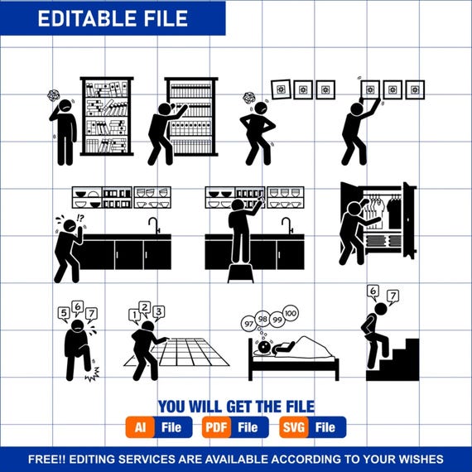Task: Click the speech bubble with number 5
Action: [64, 314]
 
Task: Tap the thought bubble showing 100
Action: [291, 313]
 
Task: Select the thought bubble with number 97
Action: [249, 324]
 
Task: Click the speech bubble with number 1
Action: [134, 316]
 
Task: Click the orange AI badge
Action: [140, 427]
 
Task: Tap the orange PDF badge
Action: [217, 427]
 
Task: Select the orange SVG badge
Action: [294, 427]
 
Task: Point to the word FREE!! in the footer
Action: [46, 459]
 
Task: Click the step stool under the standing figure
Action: [240, 273]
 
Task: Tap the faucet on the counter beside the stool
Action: [287, 225]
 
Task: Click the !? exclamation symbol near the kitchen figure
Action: [80, 217]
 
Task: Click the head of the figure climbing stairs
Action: [381, 310]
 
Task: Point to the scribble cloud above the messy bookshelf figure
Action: [54, 95]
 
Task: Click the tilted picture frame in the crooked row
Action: [282, 89]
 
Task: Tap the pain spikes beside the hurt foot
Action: [93, 374]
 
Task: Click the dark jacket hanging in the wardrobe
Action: [394, 212]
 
